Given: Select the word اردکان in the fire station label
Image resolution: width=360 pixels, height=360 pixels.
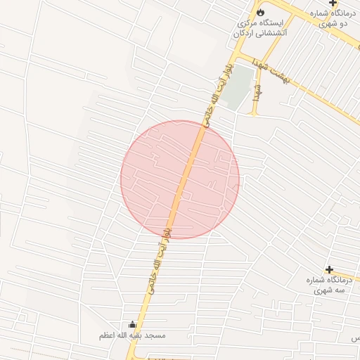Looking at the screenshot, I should [242, 32].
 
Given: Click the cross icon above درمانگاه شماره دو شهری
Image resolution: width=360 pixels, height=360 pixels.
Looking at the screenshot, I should [333, 4].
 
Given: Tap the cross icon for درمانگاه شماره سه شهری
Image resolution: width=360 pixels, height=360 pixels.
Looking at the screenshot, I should [329, 269].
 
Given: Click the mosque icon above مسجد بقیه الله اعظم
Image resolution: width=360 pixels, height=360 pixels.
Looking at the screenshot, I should [133, 325].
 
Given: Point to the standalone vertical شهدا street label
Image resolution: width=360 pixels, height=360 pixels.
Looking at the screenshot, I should [257, 91].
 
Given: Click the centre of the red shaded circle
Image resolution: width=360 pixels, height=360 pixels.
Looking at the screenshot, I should [180, 179].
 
